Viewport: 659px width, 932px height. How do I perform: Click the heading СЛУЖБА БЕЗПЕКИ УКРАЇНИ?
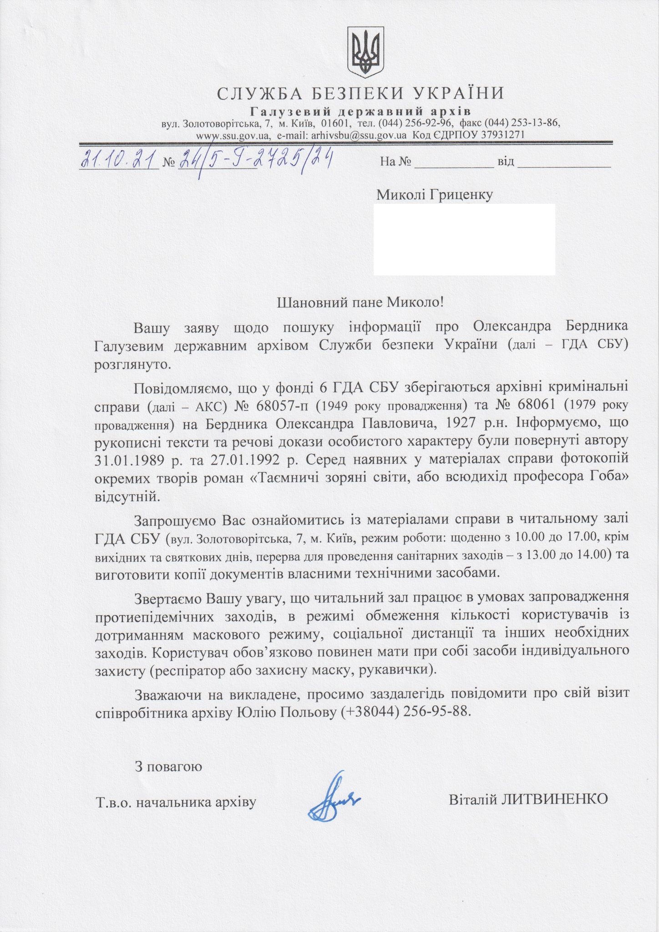(361, 93)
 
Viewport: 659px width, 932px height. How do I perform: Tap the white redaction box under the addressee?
(464, 239)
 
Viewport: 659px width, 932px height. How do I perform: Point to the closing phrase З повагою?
(168, 767)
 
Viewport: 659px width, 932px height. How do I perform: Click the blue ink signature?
(334, 796)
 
